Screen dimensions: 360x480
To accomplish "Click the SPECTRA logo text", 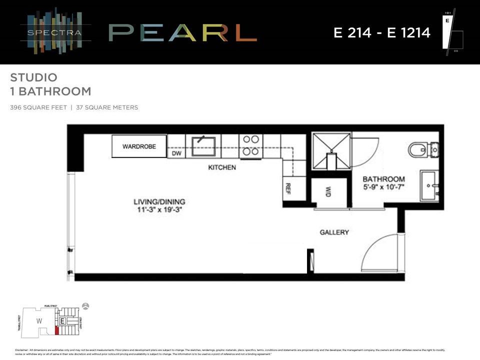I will [x=55, y=33].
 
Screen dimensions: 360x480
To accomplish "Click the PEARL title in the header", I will [x=182, y=33].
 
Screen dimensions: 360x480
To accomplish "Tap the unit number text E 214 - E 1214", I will [x=382, y=33].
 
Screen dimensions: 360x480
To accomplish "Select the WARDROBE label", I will [x=139, y=146].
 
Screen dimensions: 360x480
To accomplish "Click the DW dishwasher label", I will [x=176, y=153].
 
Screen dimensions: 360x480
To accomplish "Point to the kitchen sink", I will [x=203, y=145].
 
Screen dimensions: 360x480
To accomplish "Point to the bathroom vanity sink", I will [x=429, y=185].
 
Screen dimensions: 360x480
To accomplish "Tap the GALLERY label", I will [x=334, y=232].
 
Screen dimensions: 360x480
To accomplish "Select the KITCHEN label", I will [x=222, y=167].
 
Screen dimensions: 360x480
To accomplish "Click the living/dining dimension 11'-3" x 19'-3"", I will [x=159, y=209].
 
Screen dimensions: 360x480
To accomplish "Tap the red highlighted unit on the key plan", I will [x=56, y=330].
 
